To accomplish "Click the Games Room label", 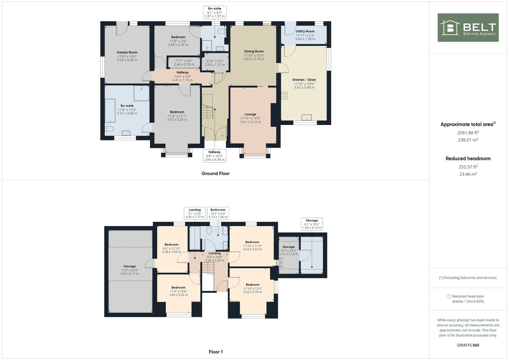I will (x=127, y=52).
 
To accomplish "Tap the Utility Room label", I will (x=305, y=31).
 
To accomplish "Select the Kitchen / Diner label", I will (x=304, y=80).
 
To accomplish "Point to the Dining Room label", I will (x=254, y=52).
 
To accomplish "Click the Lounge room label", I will (x=250, y=114).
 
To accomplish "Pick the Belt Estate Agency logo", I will (x=468, y=28).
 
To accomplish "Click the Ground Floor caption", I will (x=215, y=173).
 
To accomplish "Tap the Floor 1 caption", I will (x=215, y=352).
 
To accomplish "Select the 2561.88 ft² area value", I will (x=468, y=132).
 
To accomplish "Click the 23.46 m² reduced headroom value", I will (x=468, y=174).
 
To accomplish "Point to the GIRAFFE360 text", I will (x=468, y=345).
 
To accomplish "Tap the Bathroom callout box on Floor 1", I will (x=218, y=213).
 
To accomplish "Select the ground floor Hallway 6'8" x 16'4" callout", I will (x=214, y=156).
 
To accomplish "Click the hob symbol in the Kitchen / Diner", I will (x=284, y=96).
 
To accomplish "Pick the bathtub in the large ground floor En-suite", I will (x=110, y=111).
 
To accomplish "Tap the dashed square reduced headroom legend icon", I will (x=449, y=296).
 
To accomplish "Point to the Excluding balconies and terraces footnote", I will (x=468, y=278).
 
